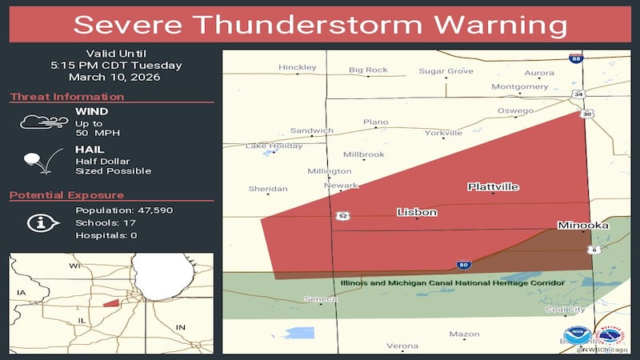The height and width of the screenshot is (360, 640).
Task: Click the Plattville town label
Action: (x=493, y=186)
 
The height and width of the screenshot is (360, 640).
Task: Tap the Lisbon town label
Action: (x=417, y=212)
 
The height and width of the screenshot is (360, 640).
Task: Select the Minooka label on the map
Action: (x=582, y=226)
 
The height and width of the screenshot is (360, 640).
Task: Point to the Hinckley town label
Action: (x=297, y=67)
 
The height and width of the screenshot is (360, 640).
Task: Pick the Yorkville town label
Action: (x=443, y=133)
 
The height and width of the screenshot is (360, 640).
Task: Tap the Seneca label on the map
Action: (x=320, y=299)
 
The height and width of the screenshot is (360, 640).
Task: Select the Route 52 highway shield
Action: (x=342, y=216)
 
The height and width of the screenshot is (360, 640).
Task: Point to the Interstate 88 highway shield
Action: (x=575, y=58)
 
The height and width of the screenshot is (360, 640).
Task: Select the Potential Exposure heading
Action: (x=66, y=195)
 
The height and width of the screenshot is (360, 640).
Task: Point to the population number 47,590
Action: (x=150, y=210)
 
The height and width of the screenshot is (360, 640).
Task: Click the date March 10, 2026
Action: (x=114, y=78)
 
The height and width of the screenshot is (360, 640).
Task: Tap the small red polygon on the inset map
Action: (x=111, y=302)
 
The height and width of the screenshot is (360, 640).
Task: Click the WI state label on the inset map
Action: (x=74, y=265)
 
